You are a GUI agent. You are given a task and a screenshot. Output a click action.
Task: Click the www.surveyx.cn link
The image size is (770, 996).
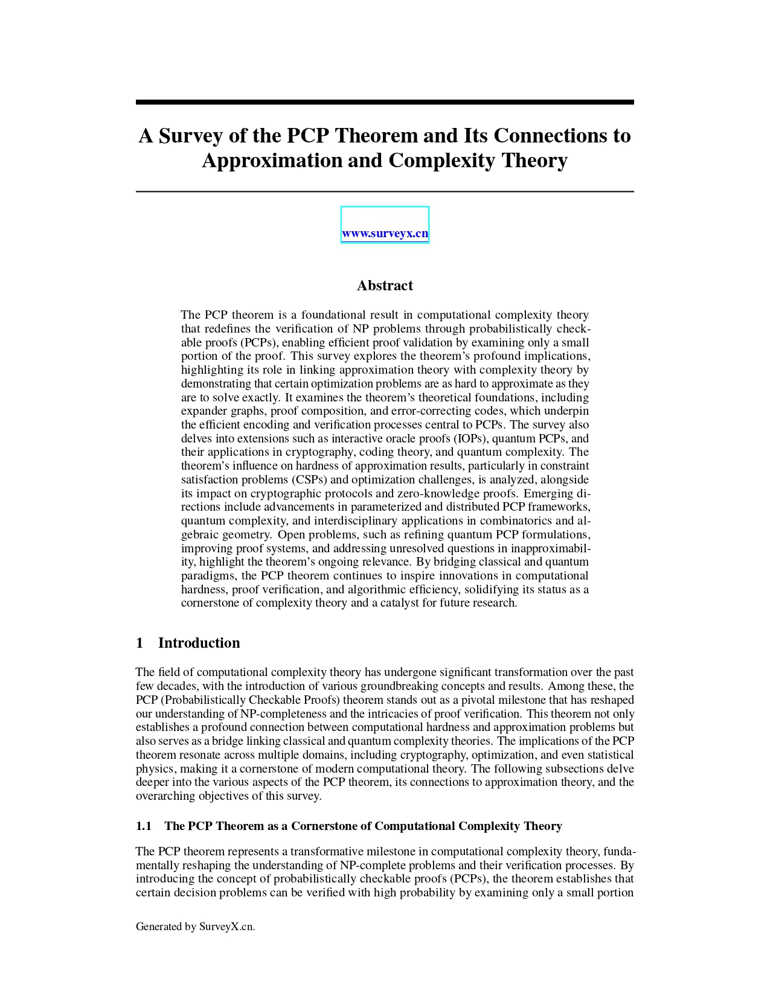385,234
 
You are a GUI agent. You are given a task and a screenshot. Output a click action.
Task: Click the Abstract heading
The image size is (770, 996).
385,286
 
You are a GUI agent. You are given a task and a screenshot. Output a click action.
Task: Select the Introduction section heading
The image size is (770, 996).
199,643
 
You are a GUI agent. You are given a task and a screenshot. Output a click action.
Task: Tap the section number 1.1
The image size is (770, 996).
144,826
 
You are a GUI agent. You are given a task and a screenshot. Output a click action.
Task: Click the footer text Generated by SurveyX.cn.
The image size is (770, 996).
195,927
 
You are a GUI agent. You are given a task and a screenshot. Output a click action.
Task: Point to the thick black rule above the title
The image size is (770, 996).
385,103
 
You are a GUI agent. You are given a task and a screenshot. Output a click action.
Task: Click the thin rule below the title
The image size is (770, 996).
385,191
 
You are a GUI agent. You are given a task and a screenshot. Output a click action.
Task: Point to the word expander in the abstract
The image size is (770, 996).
204,411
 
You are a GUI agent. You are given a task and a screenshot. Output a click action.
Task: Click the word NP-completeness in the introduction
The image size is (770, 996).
284,713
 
